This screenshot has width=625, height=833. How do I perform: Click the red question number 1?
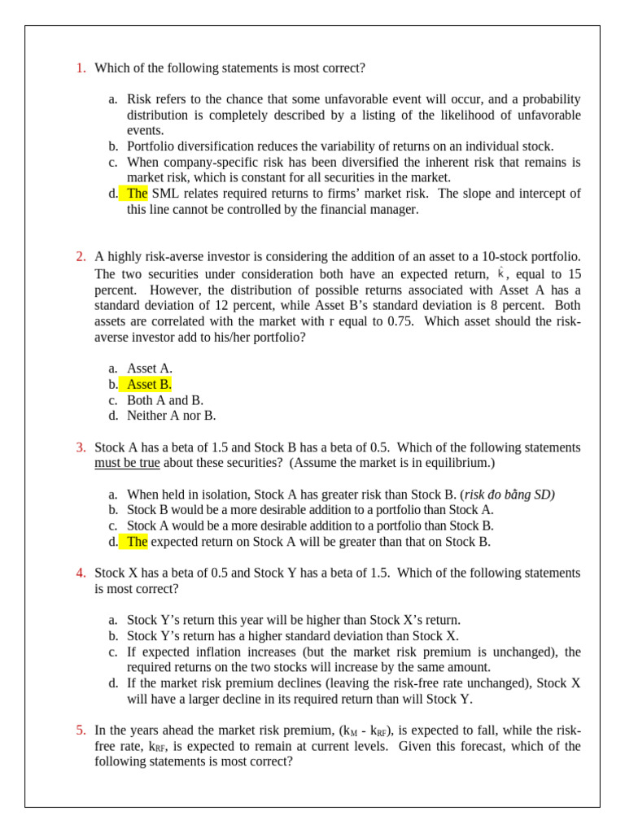(x=81, y=68)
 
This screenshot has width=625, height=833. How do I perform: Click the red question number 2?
(x=81, y=257)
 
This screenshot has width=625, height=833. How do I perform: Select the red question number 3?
(x=81, y=447)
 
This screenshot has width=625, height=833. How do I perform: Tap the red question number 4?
(x=81, y=573)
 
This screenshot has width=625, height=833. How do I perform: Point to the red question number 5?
(x=81, y=731)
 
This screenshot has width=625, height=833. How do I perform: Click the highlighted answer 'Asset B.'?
(x=149, y=385)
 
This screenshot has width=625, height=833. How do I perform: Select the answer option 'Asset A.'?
(x=150, y=369)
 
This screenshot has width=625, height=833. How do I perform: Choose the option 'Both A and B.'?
(x=165, y=400)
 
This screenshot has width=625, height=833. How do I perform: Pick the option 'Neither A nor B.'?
(x=171, y=416)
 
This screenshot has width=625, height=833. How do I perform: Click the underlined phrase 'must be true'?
(x=127, y=463)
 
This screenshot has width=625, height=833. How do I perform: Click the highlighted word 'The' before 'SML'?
(x=137, y=194)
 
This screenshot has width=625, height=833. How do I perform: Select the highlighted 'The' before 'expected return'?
(x=137, y=542)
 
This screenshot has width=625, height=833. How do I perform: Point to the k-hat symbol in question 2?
(x=500, y=273)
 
